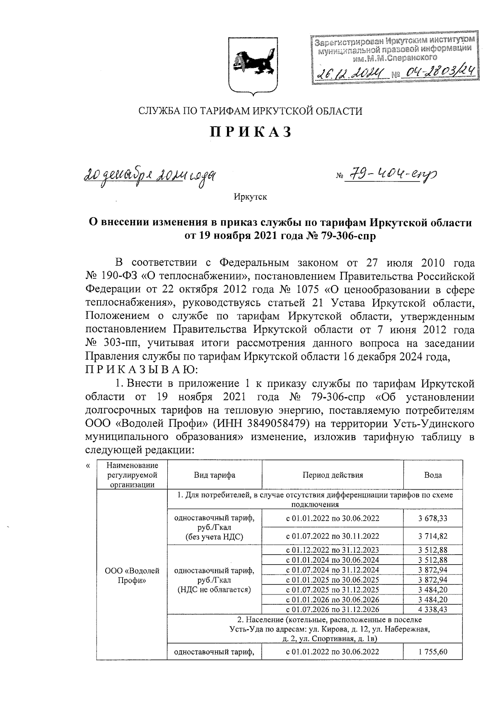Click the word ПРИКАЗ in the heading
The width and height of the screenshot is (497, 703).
[251, 132]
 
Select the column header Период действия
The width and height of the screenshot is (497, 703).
[333, 475]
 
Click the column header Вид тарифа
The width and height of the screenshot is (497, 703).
[215, 475]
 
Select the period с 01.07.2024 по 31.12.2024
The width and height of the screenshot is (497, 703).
[333, 570]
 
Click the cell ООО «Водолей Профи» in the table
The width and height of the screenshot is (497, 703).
[132, 575]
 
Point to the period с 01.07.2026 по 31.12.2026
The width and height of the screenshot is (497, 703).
[333, 609]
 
